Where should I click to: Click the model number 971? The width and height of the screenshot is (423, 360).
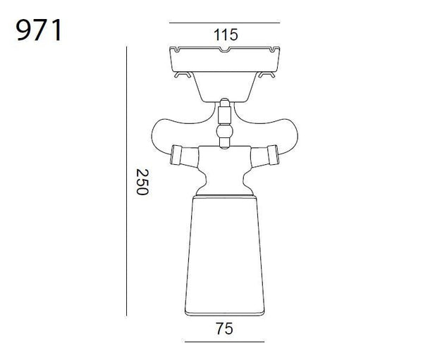(39, 30)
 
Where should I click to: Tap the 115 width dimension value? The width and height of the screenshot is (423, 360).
(226, 35)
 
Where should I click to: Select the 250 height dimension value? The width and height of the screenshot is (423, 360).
(142, 182)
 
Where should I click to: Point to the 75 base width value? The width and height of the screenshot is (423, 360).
(224, 329)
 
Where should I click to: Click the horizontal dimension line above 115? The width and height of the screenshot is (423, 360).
(224, 23)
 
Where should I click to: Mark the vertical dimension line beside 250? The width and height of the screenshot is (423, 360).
(126, 181)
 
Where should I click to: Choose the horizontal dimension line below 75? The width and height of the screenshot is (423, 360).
(224, 342)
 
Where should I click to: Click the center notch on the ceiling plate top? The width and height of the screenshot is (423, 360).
(224, 50)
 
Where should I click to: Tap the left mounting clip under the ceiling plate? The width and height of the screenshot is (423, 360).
(183, 75)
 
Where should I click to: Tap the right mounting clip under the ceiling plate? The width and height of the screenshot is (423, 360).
(266, 75)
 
